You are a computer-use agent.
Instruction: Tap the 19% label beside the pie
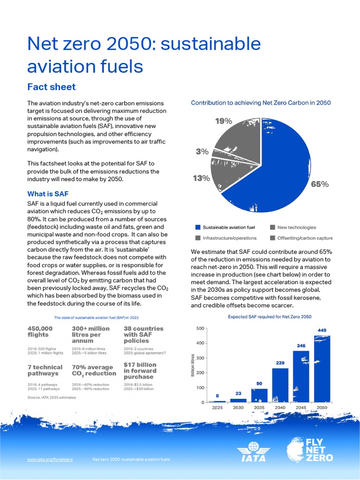coord(224,121)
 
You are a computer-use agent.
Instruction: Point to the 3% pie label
coord(202,151)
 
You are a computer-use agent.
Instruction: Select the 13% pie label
coord(201,178)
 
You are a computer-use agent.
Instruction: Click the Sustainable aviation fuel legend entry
coord(225,227)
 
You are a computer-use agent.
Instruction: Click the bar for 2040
coord(280,385)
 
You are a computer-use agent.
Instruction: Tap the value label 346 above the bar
coord(301,345)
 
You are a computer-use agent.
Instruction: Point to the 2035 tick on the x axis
coord(259,408)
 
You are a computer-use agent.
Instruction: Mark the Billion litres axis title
coord(192,366)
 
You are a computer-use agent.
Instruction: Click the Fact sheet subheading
coord(51,87)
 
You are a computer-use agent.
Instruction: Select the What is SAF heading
coord(49,194)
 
